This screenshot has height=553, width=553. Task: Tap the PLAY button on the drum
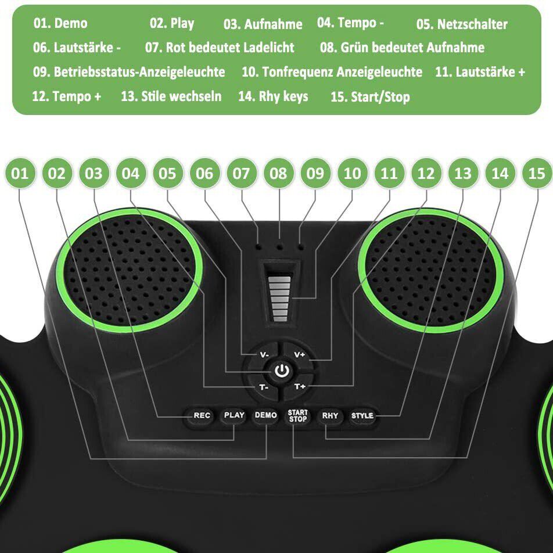point(234,415)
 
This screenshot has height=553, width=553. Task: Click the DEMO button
point(265,415)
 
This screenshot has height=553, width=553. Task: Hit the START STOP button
point(297,415)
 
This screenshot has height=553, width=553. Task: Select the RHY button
point(330,415)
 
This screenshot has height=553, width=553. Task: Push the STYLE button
point(362,415)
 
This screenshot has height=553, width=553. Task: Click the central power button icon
point(282,371)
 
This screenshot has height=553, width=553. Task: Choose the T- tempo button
point(264,387)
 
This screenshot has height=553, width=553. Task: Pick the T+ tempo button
point(300,387)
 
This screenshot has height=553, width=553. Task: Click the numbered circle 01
point(20,173)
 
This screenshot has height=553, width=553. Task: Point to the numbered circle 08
point(279,173)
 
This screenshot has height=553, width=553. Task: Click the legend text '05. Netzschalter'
point(462,24)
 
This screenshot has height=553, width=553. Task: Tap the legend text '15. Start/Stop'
point(370,97)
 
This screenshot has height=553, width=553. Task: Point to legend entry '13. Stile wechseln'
point(171,96)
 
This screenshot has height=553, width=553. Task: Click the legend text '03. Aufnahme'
point(263,24)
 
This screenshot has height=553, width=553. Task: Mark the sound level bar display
point(281,296)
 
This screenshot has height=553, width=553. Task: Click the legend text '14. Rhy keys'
point(273,96)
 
